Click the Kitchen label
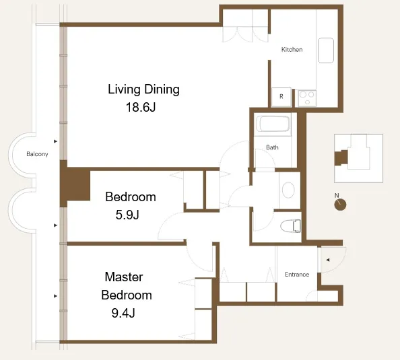tap(292, 50)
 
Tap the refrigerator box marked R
tap(281, 97)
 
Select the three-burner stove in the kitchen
tap(307, 98)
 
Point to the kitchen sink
tap(326, 50)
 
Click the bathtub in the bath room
tap(273, 124)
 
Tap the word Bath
tap(272, 147)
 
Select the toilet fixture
tap(291, 226)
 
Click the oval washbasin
tap(288, 190)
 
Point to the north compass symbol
tap(340, 204)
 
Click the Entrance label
tap(297, 275)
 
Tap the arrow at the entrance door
tap(328, 260)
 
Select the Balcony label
tap(37, 154)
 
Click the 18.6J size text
tap(141, 107)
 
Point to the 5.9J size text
tap(127, 215)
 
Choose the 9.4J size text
tap(123, 313)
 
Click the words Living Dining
tap(143, 89)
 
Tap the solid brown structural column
tap(75, 184)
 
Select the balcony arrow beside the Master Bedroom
tap(55, 296)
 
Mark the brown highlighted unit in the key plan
tap(341, 158)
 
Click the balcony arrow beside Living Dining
tap(55, 141)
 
